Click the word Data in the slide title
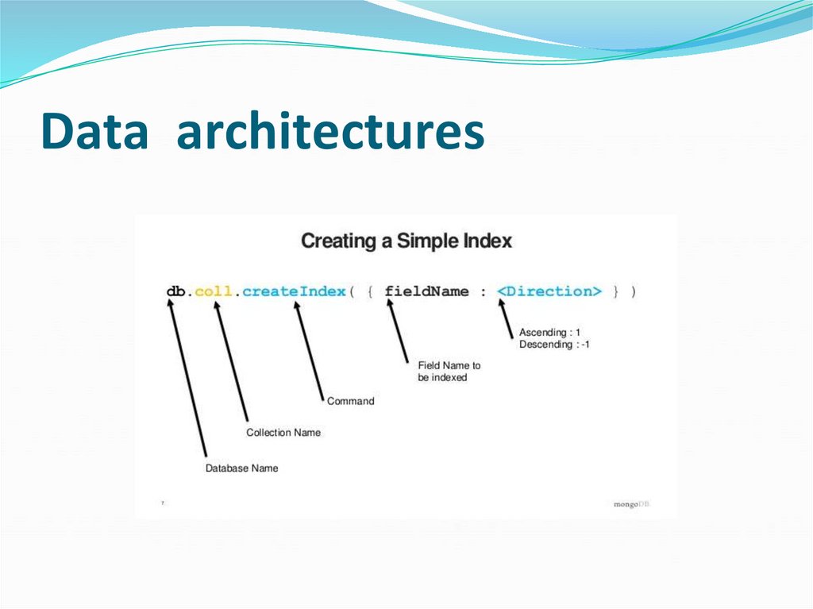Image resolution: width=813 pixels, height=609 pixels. (x=94, y=132)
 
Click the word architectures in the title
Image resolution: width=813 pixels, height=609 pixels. (x=330, y=132)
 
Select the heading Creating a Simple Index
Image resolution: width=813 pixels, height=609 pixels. (x=406, y=241)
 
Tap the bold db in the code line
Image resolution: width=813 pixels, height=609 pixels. (x=176, y=291)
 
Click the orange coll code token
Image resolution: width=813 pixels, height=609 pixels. (x=214, y=291)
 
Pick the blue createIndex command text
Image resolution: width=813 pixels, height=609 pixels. (x=295, y=291)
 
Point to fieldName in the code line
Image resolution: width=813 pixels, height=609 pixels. (x=427, y=291)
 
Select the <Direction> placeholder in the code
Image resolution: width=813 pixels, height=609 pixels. (x=549, y=291)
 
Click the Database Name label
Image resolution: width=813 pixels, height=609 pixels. (x=242, y=468)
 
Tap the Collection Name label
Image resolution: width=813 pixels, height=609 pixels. (x=283, y=433)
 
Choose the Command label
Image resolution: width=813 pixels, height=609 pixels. (x=350, y=402)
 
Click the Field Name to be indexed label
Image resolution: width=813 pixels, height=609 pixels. (x=449, y=372)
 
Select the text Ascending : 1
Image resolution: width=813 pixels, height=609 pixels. (x=549, y=332)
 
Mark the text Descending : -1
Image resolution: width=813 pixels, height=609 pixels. (x=554, y=345)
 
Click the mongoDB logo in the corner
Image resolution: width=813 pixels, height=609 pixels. (x=631, y=504)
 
